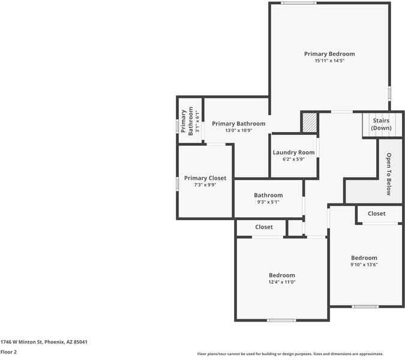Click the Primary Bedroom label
[329, 54]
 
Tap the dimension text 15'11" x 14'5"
[329, 61]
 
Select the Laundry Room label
[294, 152]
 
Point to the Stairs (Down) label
[382, 124]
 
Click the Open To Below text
[388, 174]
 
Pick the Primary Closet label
[205, 178]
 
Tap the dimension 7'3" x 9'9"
[205, 185]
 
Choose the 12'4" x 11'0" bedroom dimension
[282, 282]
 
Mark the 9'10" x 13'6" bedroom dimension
[364, 265]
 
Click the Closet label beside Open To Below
[377, 214]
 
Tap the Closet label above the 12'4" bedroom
[264, 227]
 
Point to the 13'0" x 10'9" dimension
[238, 131]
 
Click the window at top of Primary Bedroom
[299, 3]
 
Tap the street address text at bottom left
[44, 342]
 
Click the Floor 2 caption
[8, 352]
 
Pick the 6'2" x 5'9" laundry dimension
[294, 160]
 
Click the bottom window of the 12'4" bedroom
[281, 320]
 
